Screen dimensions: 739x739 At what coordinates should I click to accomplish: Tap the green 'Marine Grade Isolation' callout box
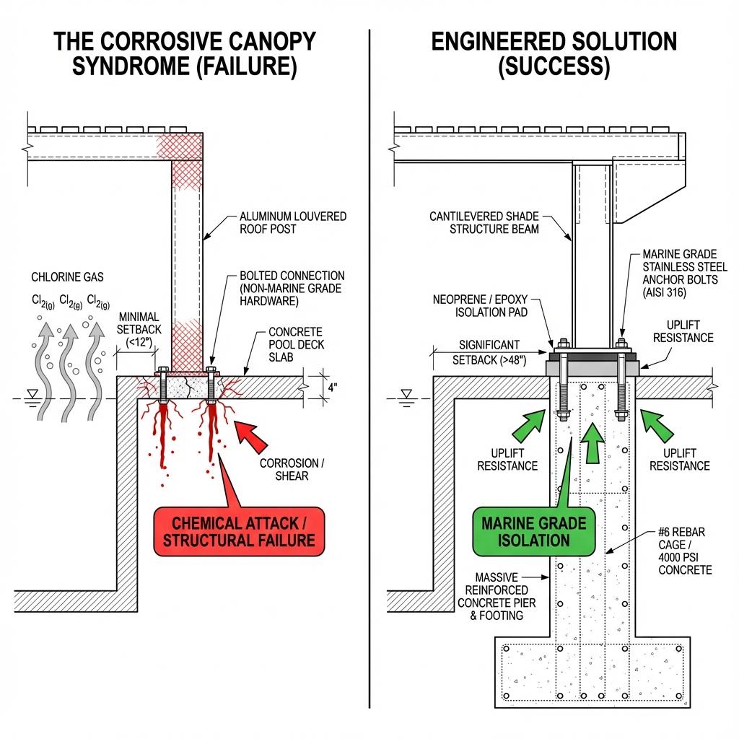click(x=534, y=531)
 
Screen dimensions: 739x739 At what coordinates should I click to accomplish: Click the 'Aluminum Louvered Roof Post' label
click(x=292, y=223)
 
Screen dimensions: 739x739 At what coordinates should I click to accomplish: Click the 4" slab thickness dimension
click(x=331, y=387)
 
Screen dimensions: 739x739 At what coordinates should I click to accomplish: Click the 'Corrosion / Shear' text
click(x=293, y=469)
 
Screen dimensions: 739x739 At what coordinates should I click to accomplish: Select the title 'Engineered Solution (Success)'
click(x=554, y=54)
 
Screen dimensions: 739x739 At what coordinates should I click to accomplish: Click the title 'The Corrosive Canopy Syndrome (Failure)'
click(x=185, y=54)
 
